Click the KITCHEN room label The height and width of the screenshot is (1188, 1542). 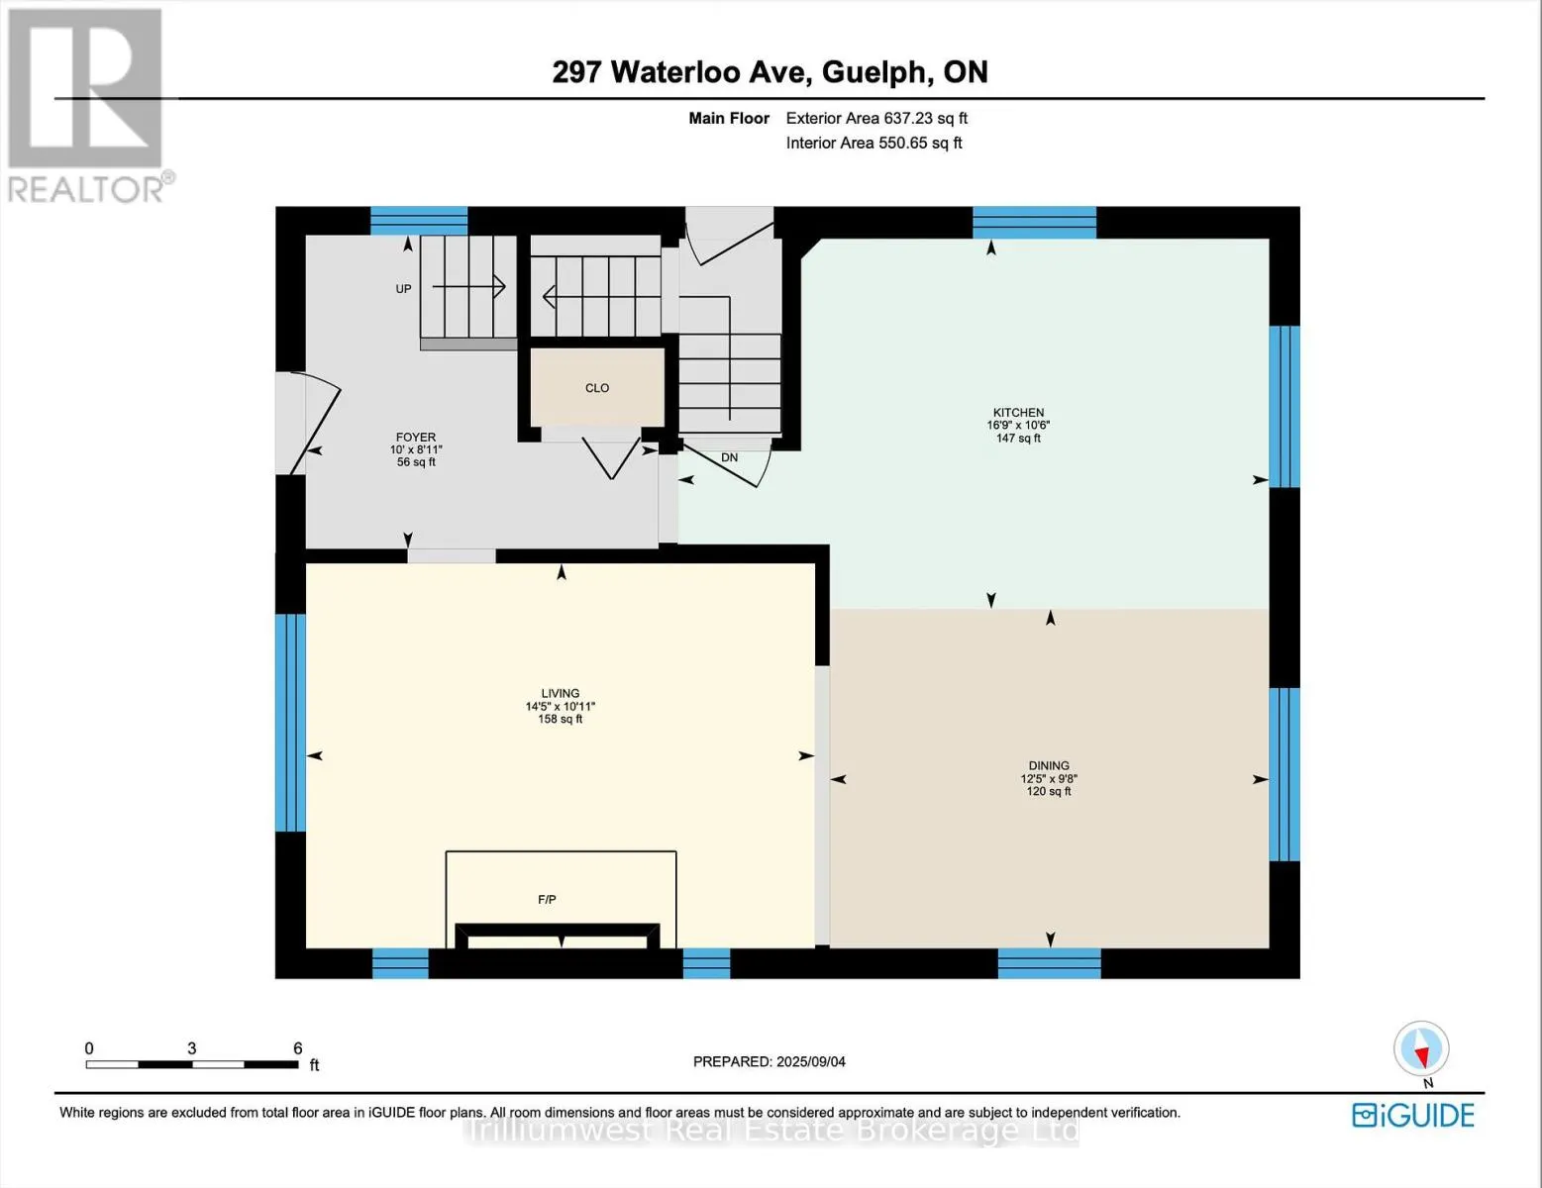[x=1017, y=412]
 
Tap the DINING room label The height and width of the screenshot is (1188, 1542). [x=1049, y=765]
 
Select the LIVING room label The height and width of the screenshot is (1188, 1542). [x=560, y=693]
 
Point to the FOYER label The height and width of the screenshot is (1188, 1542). [x=416, y=437]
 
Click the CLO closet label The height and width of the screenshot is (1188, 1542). [x=597, y=388]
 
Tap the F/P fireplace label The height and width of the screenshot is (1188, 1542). [x=547, y=899]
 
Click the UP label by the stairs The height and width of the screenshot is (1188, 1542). [x=403, y=289]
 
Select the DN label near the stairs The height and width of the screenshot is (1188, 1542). [x=729, y=457]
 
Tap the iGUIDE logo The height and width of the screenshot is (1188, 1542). [x=1413, y=1115]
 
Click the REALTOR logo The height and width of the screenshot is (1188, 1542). [x=86, y=106]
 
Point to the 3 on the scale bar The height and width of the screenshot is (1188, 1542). [x=191, y=1048]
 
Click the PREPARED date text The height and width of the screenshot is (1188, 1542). [x=770, y=1061]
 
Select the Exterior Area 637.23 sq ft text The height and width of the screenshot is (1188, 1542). [x=876, y=119]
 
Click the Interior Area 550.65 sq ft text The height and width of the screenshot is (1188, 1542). [x=874, y=143]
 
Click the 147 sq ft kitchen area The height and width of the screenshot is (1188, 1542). [x=1017, y=439]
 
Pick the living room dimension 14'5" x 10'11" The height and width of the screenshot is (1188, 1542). [x=560, y=707]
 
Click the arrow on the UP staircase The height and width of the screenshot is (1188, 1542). [x=469, y=286]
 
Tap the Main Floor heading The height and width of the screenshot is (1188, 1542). [x=729, y=119]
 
